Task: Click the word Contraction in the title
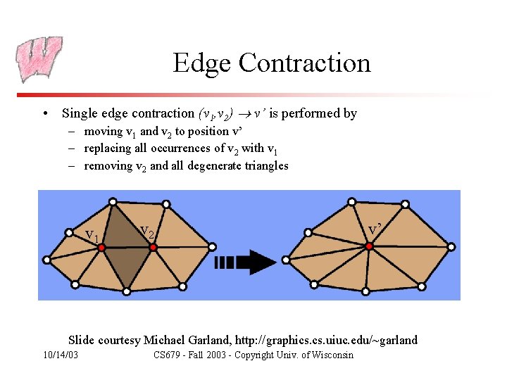click(x=304, y=63)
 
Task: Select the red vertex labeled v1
click(x=101, y=248)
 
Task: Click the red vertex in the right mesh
click(x=368, y=246)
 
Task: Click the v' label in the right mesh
click(x=376, y=229)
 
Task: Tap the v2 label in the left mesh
click(x=148, y=230)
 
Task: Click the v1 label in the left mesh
click(x=92, y=234)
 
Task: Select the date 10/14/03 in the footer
click(x=61, y=355)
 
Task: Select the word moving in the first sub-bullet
click(x=103, y=132)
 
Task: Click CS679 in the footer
click(x=168, y=355)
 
